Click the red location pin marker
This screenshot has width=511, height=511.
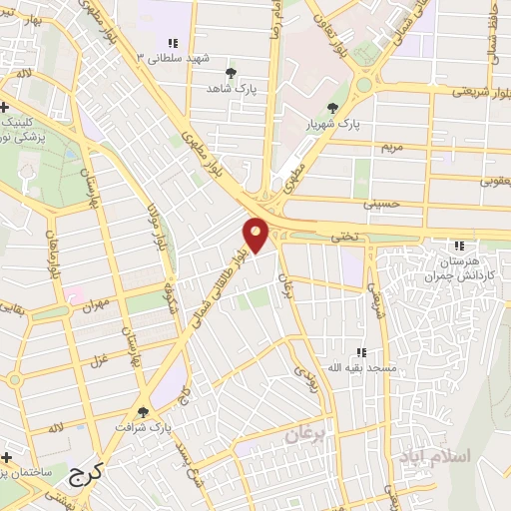click(256, 235)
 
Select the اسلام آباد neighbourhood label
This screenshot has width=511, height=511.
click(435, 455)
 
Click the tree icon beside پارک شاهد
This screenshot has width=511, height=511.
click(232, 73)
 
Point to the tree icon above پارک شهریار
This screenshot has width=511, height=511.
click(332, 109)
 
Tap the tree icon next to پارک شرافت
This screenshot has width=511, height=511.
click(143, 411)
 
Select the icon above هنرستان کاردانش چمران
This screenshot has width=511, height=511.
click(459, 246)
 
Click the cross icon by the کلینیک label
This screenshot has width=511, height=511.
click(6, 107)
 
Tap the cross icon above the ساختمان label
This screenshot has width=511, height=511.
click(6, 455)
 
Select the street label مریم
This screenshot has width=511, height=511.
click(391, 147)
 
